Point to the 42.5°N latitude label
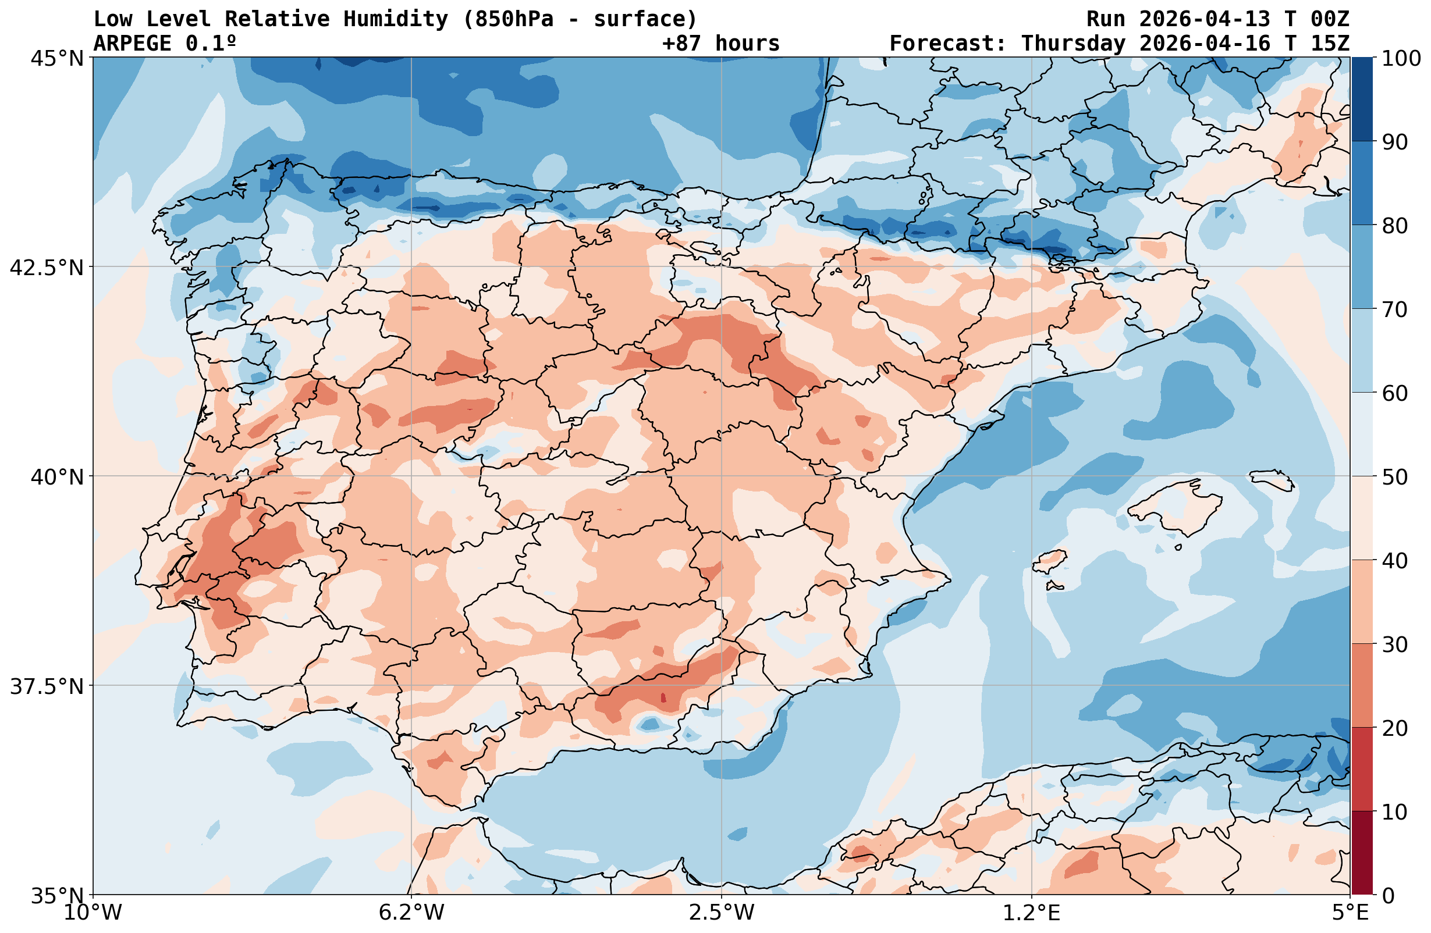pos(47,268)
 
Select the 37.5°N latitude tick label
pos(47,686)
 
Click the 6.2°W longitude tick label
pos(411,913)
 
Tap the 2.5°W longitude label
pos(722,913)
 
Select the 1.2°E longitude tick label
pos(1032,913)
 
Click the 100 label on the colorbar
pos(1401,58)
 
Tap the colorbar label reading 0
pos(1388,896)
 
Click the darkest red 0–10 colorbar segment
pos(1362,853)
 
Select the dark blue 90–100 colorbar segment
pos(1362,99)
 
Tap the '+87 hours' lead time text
pos(720,43)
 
